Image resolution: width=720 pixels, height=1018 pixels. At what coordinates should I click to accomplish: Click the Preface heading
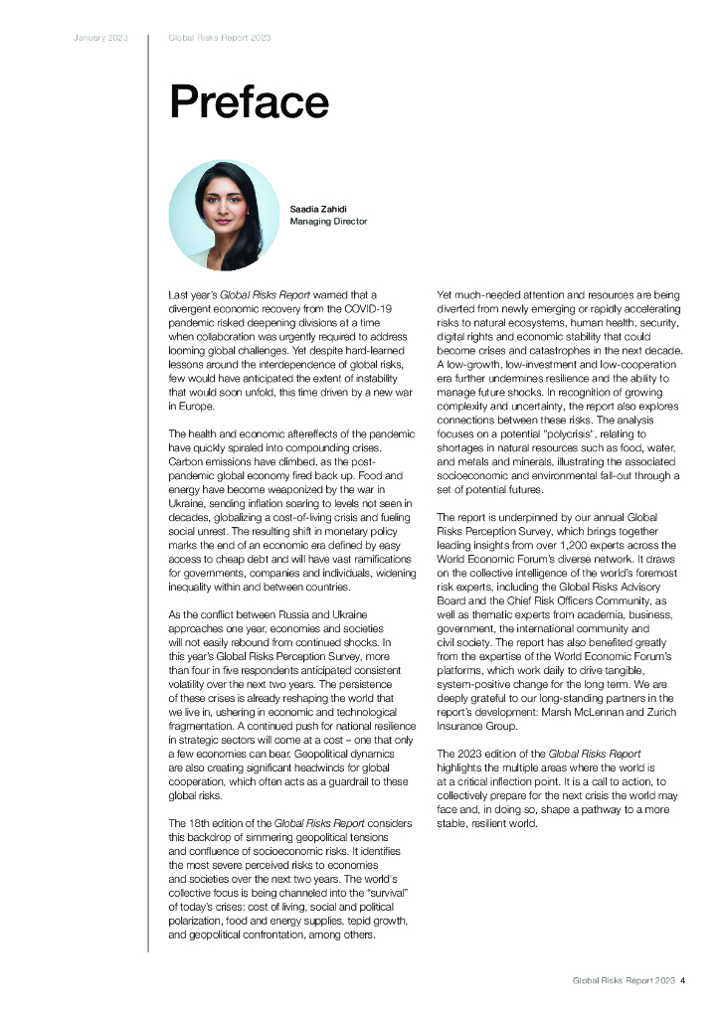pyautogui.click(x=249, y=102)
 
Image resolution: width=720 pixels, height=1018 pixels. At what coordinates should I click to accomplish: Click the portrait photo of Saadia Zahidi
pyautogui.click(x=224, y=216)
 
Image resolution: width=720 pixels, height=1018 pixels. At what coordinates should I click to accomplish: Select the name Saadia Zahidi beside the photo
pyautogui.click(x=317, y=209)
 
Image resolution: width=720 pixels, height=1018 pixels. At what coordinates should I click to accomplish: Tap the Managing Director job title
pyautogui.click(x=328, y=222)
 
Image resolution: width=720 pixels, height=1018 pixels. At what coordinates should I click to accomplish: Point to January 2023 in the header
pyautogui.click(x=100, y=38)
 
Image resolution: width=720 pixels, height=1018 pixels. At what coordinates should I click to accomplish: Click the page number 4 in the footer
pyautogui.click(x=683, y=981)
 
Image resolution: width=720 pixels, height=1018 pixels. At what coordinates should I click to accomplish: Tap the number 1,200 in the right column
pyautogui.click(x=578, y=545)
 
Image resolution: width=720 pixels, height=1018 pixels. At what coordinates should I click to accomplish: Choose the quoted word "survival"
pyautogui.click(x=385, y=893)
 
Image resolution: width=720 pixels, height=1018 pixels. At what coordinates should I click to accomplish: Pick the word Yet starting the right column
pyautogui.click(x=447, y=295)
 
